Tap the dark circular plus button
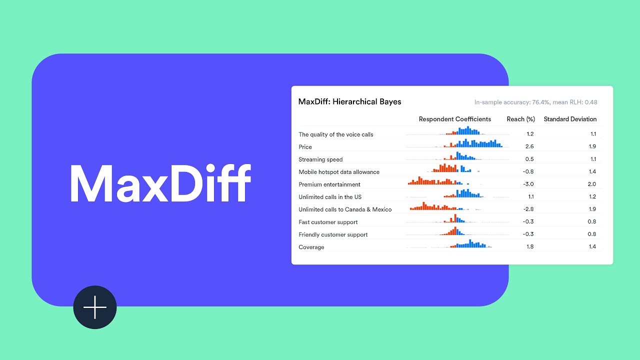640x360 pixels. pyautogui.click(x=95, y=307)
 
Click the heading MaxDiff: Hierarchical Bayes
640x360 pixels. pyautogui.click(x=349, y=102)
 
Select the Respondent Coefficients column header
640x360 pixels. pyautogui.click(x=454, y=119)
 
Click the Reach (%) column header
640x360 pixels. pyautogui.click(x=520, y=119)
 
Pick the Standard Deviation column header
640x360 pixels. pyautogui.click(x=570, y=119)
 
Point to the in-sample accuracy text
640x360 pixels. pyautogui.click(x=535, y=102)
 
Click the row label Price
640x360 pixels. pyautogui.click(x=305, y=147)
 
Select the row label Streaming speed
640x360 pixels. pyautogui.click(x=320, y=159)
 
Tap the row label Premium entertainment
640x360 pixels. pyautogui.click(x=329, y=184)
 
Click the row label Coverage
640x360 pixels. pyautogui.click(x=311, y=247)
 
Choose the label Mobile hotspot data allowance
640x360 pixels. pyautogui.click(x=339, y=172)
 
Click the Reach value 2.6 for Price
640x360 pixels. pyautogui.click(x=529, y=146)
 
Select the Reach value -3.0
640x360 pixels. pyautogui.click(x=528, y=184)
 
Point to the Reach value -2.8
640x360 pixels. pyautogui.click(x=528, y=209)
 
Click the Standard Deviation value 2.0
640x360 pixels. pyautogui.click(x=591, y=184)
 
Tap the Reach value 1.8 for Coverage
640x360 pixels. pyautogui.click(x=529, y=246)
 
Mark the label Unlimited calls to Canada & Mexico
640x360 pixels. pyautogui.click(x=345, y=209)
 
